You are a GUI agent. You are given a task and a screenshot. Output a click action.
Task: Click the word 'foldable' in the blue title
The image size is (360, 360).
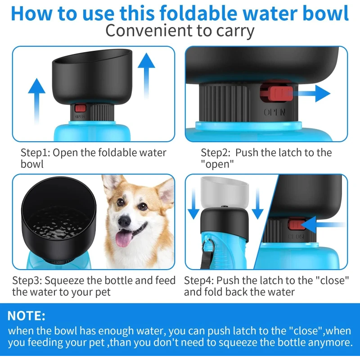pyautogui.click(x=198, y=13)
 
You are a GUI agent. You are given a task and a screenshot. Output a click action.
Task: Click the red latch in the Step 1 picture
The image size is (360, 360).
pyautogui.click(x=80, y=108)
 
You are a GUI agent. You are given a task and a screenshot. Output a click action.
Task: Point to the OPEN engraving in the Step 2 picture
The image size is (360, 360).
pyautogui.click(x=275, y=112)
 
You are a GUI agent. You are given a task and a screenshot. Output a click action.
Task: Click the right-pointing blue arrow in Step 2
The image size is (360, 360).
pyautogui.click(x=310, y=94)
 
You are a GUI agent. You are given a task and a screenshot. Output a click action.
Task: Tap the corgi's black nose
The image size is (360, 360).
pyautogui.click(x=124, y=221)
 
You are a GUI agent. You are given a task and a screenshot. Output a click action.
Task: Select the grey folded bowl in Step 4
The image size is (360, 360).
pyautogui.click(x=224, y=192)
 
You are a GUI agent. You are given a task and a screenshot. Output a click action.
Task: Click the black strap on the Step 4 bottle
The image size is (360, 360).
pyautogui.click(x=207, y=255)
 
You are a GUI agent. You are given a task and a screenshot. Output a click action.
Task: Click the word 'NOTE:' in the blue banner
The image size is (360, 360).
pyautogui.click(x=27, y=316)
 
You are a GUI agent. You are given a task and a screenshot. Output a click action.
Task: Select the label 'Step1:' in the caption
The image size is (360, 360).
pyautogui.click(x=36, y=153)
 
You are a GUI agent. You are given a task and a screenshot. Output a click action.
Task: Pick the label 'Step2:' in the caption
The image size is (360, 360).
pyautogui.click(x=216, y=153)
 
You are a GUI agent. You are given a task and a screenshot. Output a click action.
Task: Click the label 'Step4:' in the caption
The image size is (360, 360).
pyautogui.click(x=199, y=280)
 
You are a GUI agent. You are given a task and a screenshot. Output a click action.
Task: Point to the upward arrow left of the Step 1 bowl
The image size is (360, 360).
pyautogui.click(x=37, y=101)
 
